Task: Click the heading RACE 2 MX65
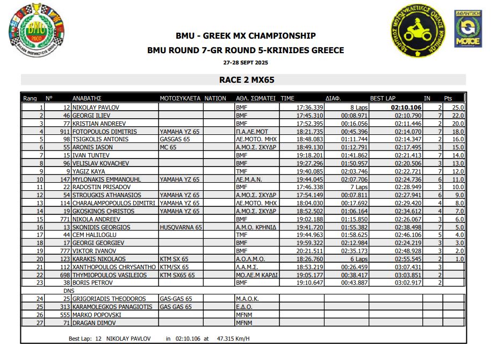[247, 80]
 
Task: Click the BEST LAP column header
[383, 98]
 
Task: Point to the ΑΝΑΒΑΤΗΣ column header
[87, 98]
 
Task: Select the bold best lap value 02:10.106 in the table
[406, 107]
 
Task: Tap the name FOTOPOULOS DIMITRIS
[105, 131]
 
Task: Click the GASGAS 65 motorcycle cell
[175, 139]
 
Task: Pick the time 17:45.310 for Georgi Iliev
[310, 116]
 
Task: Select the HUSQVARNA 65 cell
[181, 227]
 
